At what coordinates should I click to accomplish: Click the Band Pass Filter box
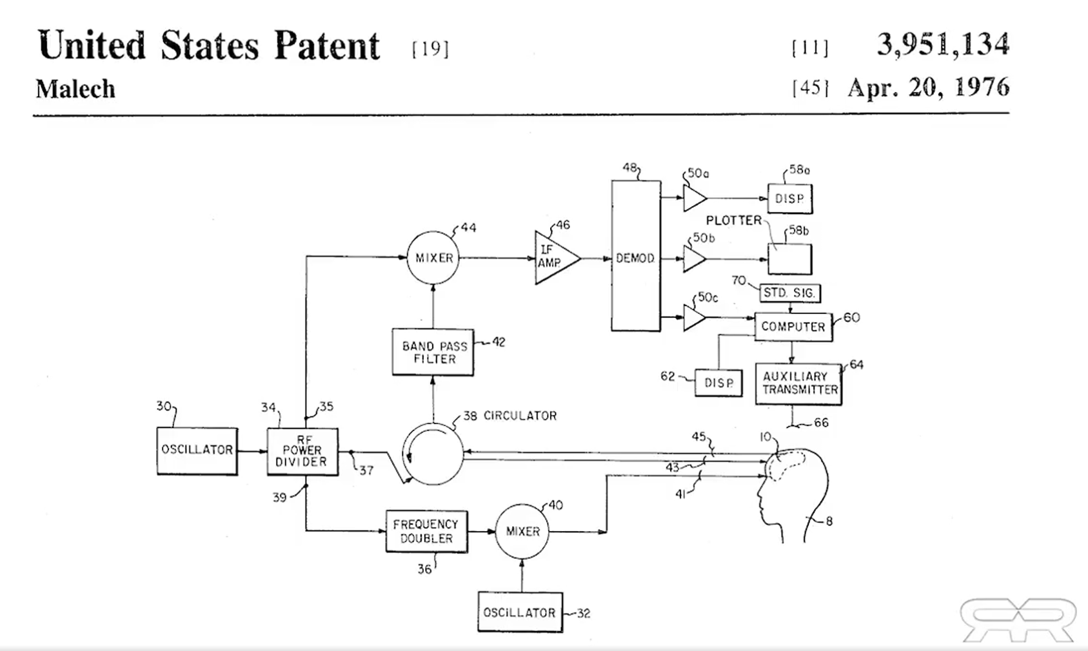point(433,353)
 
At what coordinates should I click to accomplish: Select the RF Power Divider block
point(302,452)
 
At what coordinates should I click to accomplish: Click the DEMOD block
point(636,257)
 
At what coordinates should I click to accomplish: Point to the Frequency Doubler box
point(426,532)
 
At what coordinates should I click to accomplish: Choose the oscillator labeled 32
point(520,612)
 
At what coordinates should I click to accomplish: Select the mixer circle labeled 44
point(433,258)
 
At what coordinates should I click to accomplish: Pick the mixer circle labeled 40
point(522,531)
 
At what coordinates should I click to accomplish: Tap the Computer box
point(793,327)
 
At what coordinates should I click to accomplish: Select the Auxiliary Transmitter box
point(799,384)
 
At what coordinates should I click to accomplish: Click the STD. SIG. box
point(789,293)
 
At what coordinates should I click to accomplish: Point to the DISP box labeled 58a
point(789,199)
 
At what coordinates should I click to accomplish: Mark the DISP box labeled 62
point(718,383)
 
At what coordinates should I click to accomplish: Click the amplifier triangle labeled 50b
point(693,259)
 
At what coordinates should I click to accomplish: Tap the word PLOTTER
point(733,220)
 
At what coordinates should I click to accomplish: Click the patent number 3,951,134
point(942,44)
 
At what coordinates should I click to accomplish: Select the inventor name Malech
point(75,89)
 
